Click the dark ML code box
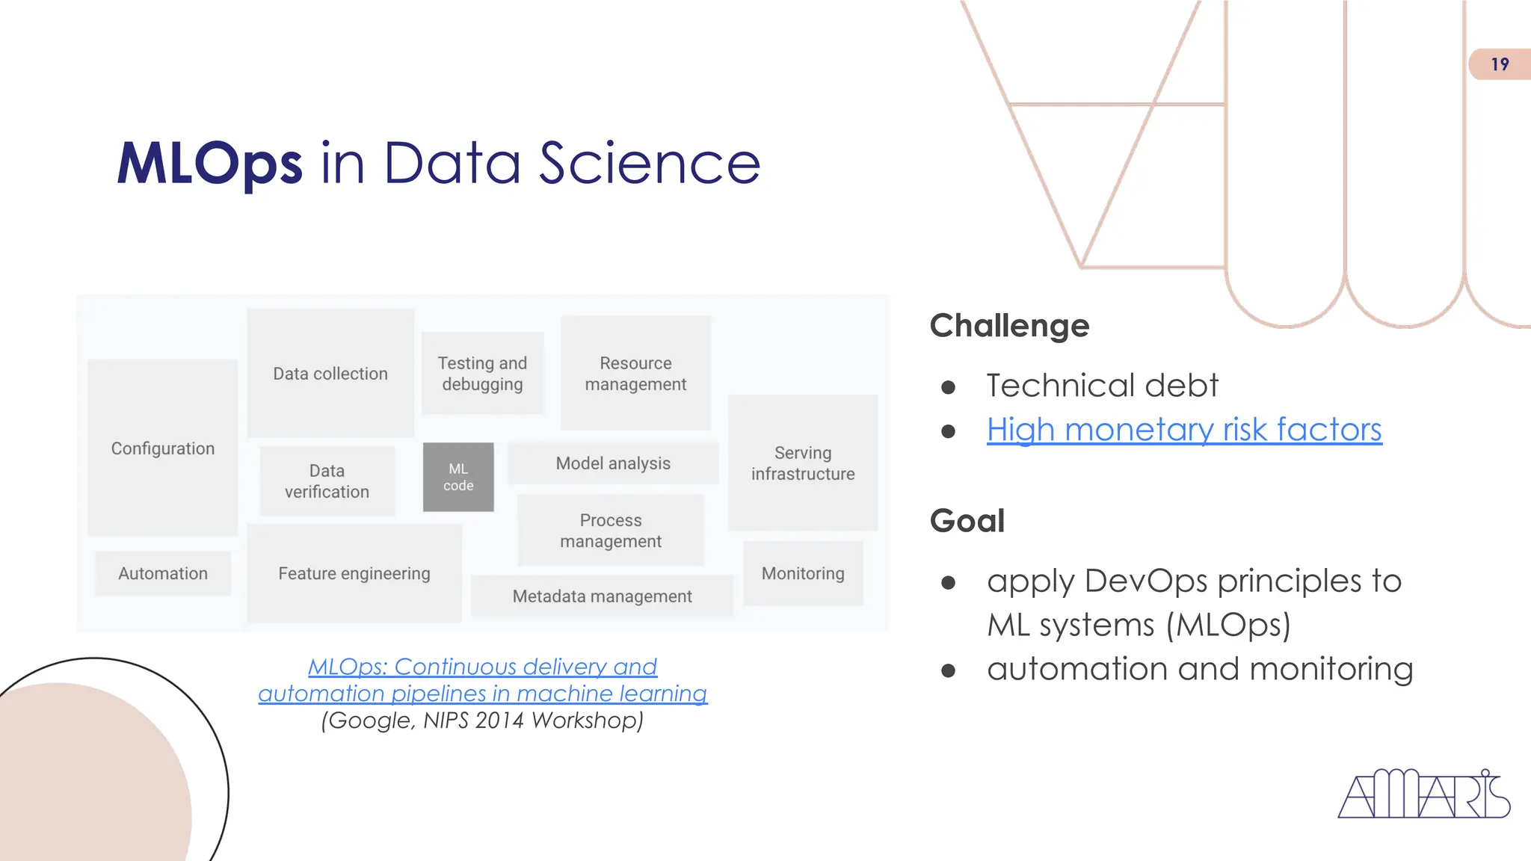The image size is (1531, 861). click(x=458, y=477)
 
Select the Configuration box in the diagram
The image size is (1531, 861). click(x=163, y=448)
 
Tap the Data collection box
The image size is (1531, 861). click(x=330, y=373)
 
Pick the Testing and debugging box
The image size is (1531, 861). click(x=482, y=373)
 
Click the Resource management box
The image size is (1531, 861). click(x=635, y=373)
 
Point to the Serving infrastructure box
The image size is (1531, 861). click(x=803, y=463)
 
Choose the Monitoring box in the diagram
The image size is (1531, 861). click(x=803, y=573)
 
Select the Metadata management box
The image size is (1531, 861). click(x=602, y=596)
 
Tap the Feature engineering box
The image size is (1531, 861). click(x=354, y=573)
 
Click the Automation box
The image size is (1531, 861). click(x=163, y=573)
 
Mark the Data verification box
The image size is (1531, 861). click(x=327, y=481)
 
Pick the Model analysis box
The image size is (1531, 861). click(x=613, y=463)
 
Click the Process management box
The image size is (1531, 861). click(x=611, y=530)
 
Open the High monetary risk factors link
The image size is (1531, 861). click(x=1184, y=430)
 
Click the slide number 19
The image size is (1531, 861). click(x=1500, y=64)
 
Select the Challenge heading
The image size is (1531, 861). click(x=1009, y=326)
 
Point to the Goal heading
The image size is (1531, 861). click(x=967, y=520)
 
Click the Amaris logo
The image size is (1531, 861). click(x=1423, y=794)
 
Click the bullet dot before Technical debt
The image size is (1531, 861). click(x=949, y=387)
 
